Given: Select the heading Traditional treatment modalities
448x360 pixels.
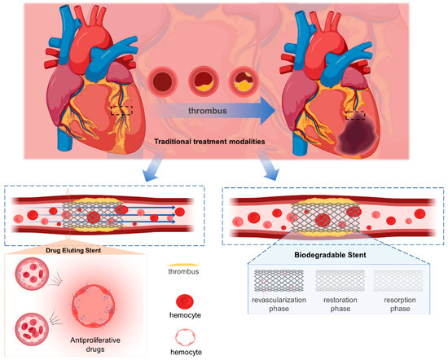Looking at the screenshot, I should coord(221,142).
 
